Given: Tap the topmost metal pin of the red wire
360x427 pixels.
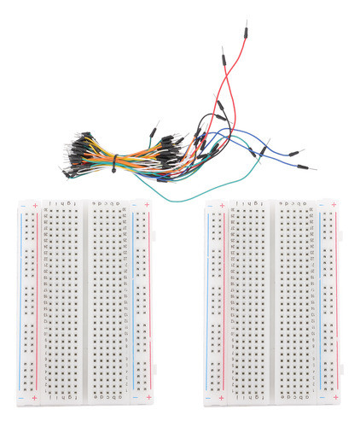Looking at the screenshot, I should pos(246,26).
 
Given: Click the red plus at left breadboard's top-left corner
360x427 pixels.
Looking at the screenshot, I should pos(33,207).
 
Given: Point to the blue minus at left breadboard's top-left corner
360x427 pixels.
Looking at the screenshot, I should pos(20,207).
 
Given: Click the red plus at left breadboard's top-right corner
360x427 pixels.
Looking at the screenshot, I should pos(149,207).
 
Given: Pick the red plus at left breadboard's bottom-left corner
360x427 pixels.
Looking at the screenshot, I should pos(33,399).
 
